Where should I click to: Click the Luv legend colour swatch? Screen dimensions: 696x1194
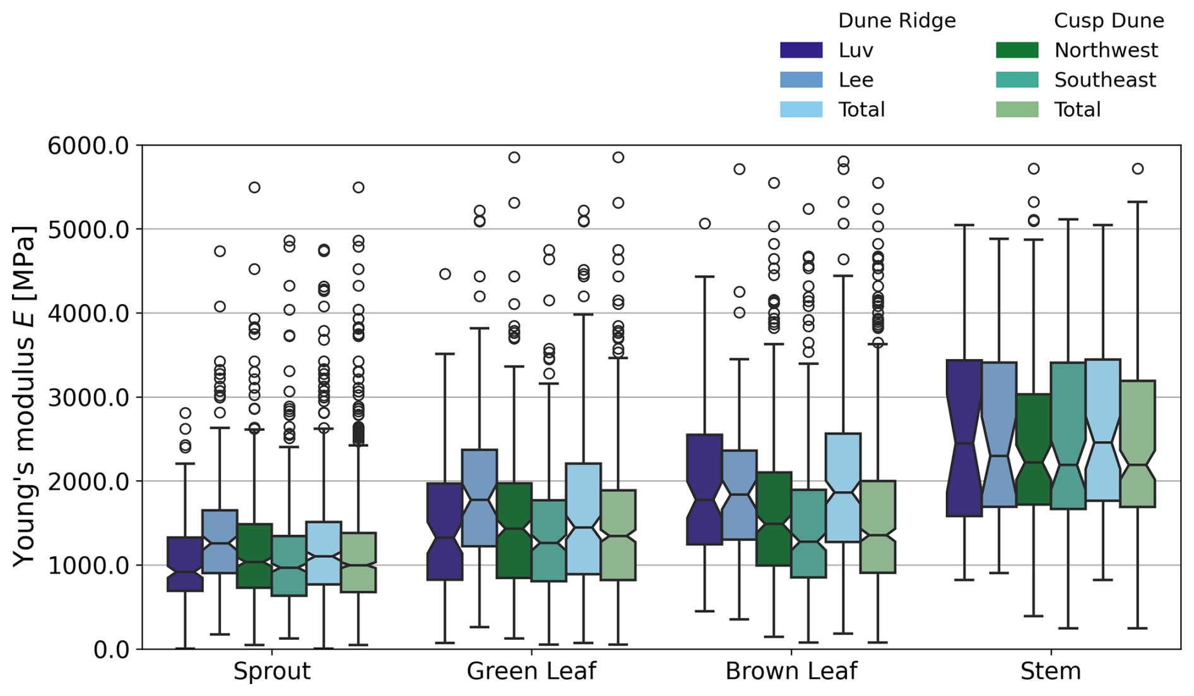click(x=801, y=50)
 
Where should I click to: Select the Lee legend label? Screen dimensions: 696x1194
click(x=856, y=80)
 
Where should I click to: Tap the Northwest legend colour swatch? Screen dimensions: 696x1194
click(x=1017, y=50)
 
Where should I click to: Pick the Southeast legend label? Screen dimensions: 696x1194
click(x=1105, y=80)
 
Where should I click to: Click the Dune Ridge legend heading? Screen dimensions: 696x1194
click(x=897, y=21)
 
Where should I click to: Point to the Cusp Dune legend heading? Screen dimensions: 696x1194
click(x=1109, y=21)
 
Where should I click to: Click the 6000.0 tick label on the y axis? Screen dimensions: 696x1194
click(x=88, y=146)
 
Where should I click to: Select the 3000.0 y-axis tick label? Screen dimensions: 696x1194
click(x=88, y=398)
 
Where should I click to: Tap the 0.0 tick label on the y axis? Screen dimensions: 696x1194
click(x=110, y=649)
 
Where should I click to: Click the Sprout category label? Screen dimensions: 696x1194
click(x=272, y=671)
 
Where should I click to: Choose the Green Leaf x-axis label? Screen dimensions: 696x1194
click(x=531, y=671)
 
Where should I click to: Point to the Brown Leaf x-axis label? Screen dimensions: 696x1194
click(x=791, y=671)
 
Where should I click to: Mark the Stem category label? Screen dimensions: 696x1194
click(x=1051, y=671)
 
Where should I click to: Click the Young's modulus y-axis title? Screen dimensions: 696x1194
click(x=25, y=396)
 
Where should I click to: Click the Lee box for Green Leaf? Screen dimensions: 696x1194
click(x=480, y=498)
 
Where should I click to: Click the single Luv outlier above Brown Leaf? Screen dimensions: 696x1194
click(x=705, y=223)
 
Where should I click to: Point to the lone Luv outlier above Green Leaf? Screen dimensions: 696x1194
click(x=445, y=274)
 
